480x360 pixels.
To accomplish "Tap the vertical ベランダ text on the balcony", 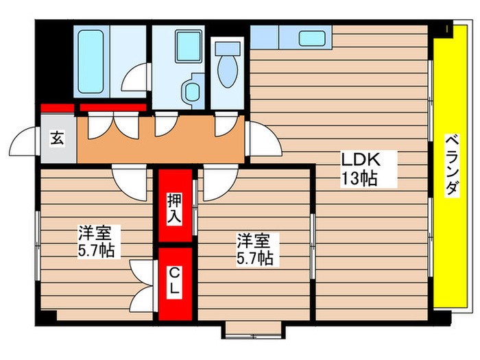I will pyautogui.click(x=451, y=165).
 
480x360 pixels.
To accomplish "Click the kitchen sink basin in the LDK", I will pyautogui.click(x=312, y=38).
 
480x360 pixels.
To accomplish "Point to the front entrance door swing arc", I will pyautogui.click(x=24, y=144).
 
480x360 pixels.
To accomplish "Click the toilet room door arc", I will pyautogui.click(x=225, y=125).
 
